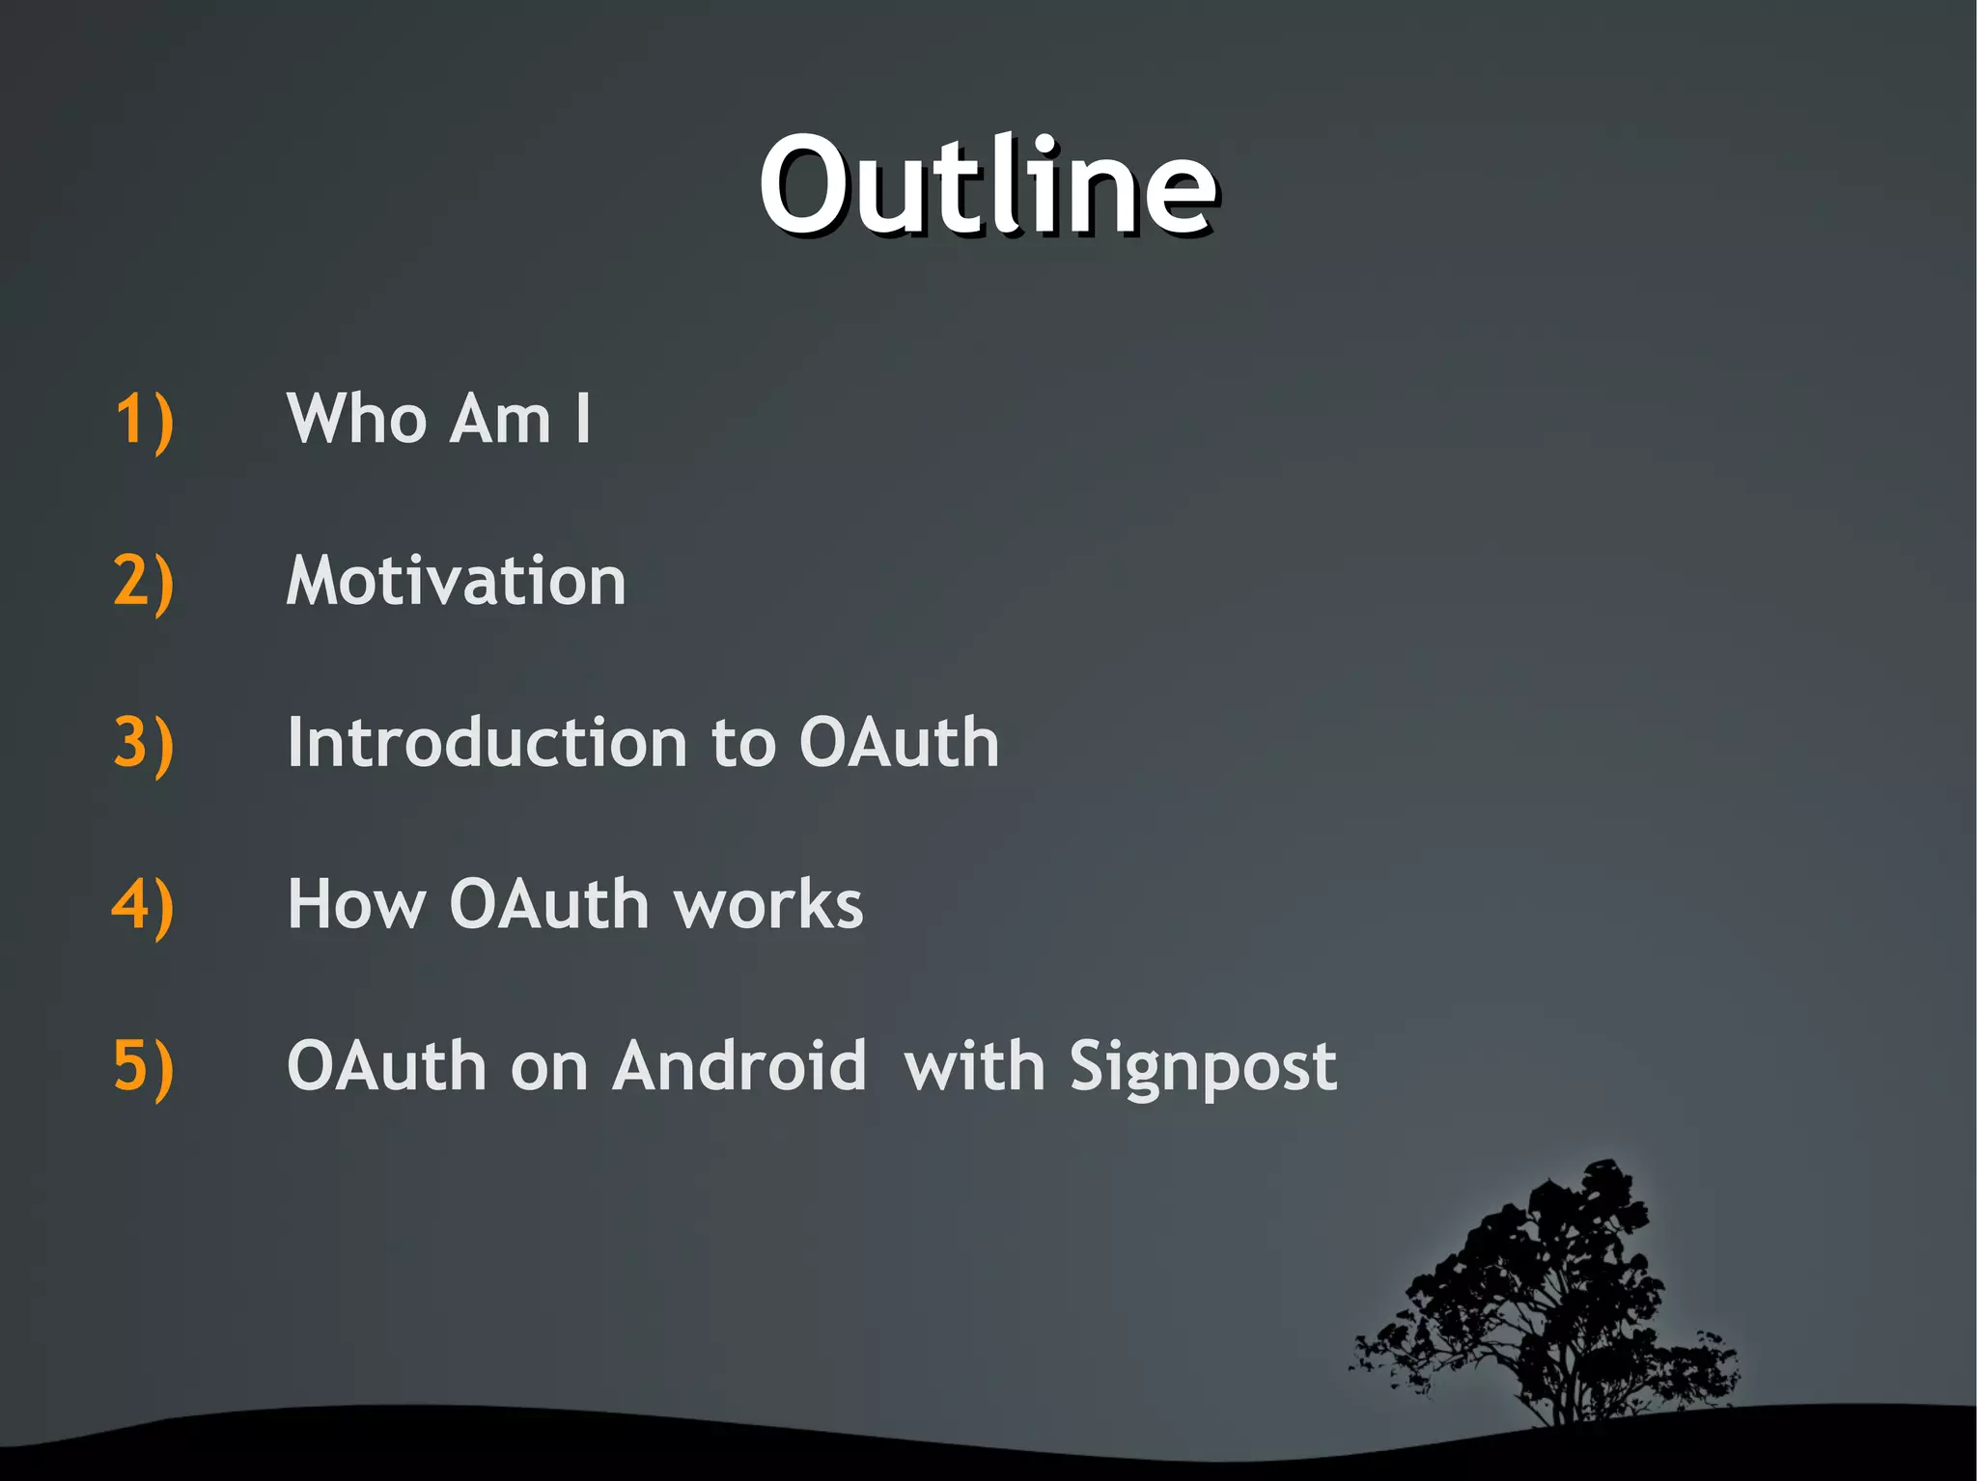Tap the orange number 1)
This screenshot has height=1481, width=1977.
pyautogui.click(x=144, y=420)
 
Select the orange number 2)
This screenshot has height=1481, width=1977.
pyautogui.click(x=144, y=582)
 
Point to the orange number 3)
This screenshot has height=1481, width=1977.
pyautogui.click(x=144, y=744)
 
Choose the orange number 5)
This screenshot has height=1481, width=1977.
pyautogui.click(x=144, y=1067)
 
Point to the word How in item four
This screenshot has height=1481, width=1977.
pyautogui.click(x=356, y=905)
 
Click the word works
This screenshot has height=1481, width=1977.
pyautogui.click(x=768, y=905)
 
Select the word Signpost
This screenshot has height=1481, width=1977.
pyautogui.click(x=1203, y=1069)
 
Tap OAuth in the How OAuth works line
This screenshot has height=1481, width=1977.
pyautogui.click(x=549, y=905)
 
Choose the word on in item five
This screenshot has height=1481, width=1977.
pyautogui.click(x=548, y=1067)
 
